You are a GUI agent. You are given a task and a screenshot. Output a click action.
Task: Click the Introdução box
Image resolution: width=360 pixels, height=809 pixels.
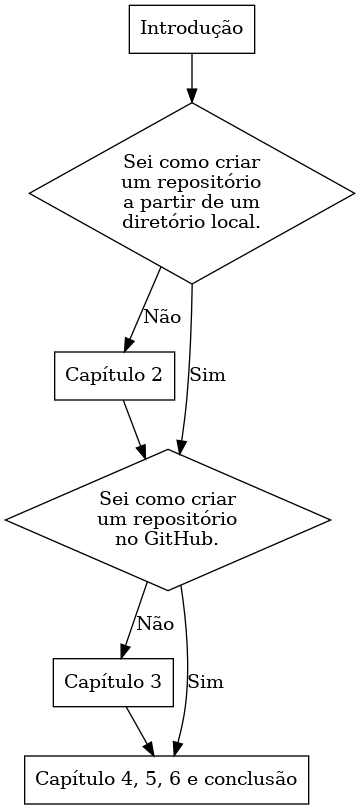(x=191, y=28)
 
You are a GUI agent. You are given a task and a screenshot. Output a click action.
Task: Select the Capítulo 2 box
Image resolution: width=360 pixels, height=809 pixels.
(x=113, y=375)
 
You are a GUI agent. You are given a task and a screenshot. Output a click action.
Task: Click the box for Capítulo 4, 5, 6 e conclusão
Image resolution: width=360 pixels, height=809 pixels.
(x=166, y=777)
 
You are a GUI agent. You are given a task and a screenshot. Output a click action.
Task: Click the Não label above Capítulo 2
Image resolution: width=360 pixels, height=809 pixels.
(x=162, y=317)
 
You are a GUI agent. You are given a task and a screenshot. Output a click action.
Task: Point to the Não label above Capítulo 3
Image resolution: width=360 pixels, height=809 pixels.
(x=155, y=623)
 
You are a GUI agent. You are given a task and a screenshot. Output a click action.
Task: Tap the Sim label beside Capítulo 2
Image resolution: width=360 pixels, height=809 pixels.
(x=207, y=376)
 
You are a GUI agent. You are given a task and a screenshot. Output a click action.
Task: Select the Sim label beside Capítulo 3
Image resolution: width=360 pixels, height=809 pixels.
(x=205, y=683)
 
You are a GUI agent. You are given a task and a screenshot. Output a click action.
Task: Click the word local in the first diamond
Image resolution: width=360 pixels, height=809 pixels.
(x=241, y=221)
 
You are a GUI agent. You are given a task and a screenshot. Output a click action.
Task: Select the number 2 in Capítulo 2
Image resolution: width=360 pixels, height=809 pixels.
(x=156, y=375)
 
